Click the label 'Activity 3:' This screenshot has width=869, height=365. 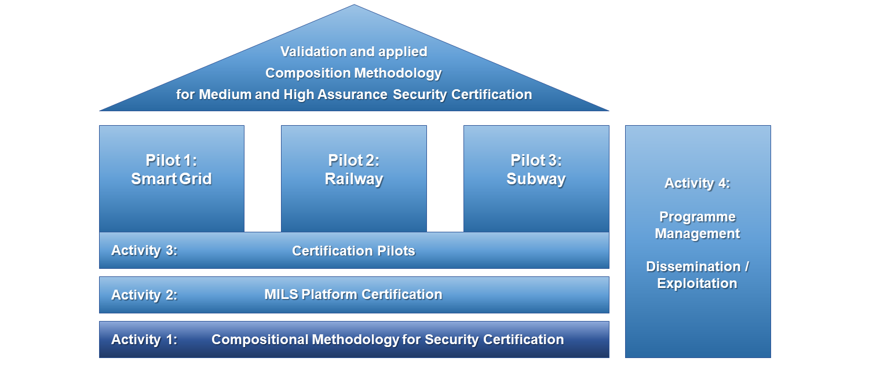144,251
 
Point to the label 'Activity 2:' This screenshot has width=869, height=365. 144,295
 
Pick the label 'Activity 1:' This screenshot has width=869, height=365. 144,340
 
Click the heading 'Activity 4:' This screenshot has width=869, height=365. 697,184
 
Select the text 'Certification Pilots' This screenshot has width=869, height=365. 353,251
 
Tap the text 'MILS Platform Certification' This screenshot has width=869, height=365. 353,294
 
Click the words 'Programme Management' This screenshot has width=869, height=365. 698,225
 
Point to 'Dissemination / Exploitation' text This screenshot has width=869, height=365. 698,275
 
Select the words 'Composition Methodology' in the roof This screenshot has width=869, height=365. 353,74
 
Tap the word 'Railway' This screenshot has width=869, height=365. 353,179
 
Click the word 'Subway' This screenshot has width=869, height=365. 536,179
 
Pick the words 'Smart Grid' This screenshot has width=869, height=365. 171,179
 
